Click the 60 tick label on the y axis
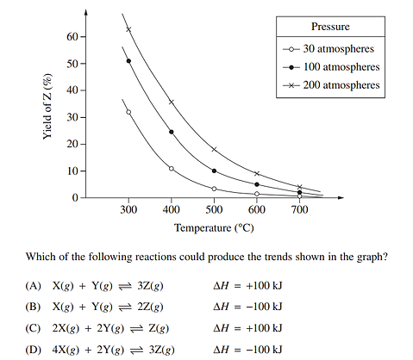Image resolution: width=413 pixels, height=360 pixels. [71, 37]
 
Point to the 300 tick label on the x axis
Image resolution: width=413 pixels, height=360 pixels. [128, 210]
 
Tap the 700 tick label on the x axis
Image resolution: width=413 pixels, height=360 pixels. [299, 210]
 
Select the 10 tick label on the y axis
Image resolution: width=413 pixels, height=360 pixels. [71, 171]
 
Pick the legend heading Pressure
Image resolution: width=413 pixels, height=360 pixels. [329, 26]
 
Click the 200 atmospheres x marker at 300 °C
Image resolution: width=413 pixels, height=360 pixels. [128, 29]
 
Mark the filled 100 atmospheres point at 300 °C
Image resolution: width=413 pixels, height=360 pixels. [128, 61]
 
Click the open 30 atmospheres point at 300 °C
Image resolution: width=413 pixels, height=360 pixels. [128, 112]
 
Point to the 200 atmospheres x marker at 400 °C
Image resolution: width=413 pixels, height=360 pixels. [172, 102]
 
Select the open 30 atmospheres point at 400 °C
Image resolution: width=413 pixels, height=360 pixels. [172, 169]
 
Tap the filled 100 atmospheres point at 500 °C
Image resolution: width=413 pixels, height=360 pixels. [214, 171]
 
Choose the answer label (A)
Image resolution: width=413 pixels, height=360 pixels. [34, 285]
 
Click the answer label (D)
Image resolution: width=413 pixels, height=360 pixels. [34, 349]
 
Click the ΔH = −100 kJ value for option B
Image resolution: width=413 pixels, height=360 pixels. [247, 306]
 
